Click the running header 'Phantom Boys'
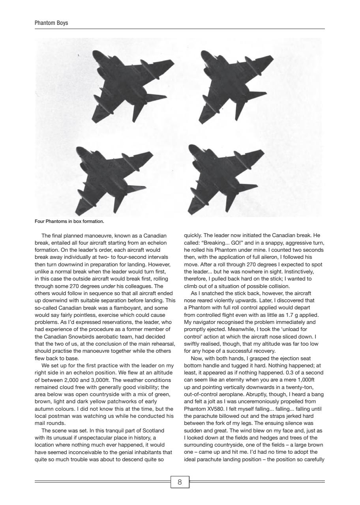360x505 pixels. point(51,23)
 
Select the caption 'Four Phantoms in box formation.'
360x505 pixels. point(69,221)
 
